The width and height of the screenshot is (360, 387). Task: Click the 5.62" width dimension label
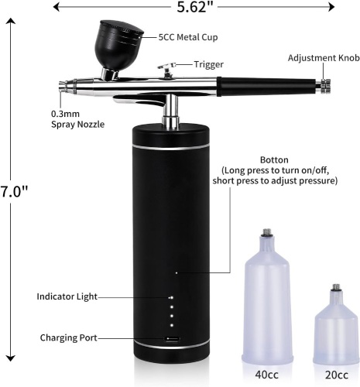tap(194, 7)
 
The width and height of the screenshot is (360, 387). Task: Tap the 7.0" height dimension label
tap(14, 191)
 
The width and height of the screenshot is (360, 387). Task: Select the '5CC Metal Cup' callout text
tap(188, 37)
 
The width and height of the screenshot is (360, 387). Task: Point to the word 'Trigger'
tap(208, 64)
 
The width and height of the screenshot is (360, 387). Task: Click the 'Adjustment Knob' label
tap(324, 58)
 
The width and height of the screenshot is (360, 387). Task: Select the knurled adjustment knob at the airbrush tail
tap(324, 87)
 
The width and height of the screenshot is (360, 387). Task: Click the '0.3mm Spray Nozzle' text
tap(77, 119)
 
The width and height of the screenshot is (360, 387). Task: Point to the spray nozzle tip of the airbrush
tap(62, 87)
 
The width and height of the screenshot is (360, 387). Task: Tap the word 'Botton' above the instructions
tap(274, 160)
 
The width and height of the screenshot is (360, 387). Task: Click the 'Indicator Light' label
tap(67, 296)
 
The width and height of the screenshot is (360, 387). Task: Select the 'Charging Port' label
tap(68, 337)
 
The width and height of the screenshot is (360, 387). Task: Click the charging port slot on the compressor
tap(172, 339)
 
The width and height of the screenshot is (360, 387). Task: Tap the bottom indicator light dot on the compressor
tap(172, 325)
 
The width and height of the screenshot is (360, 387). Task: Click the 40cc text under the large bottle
tap(267, 375)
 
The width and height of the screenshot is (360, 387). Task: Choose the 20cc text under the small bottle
tap(337, 375)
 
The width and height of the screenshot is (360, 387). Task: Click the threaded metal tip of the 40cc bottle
tap(266, 233)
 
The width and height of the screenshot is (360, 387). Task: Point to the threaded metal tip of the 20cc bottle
tap(336, 287)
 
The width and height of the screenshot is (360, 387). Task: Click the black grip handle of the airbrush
tap(267, 87)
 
